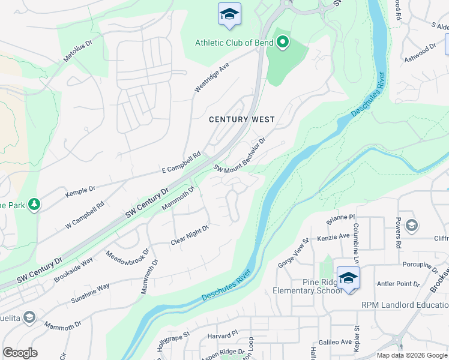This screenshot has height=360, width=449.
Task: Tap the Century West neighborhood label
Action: [241, 119]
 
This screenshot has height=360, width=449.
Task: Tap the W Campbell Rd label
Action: [85, 215]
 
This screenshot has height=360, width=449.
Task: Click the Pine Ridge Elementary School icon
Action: [348, 278]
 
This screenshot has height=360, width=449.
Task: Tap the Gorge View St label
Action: [293, 253]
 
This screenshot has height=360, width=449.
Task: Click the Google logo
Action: [20, 353]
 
